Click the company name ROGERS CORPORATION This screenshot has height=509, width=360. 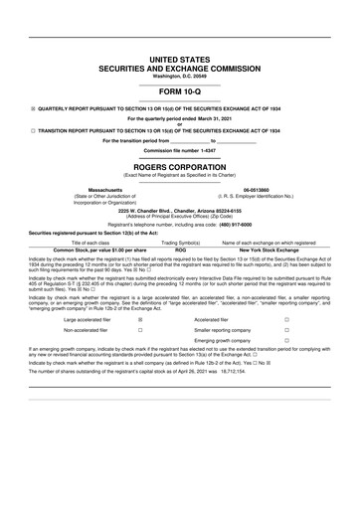[x=180, y=168]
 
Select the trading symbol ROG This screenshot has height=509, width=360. [x=181, y=250]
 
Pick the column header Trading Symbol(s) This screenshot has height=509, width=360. [x=181, y=243]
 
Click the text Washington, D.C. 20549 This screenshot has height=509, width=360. [x=180, y=76]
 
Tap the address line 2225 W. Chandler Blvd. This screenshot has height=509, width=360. [x=180, y=211]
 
